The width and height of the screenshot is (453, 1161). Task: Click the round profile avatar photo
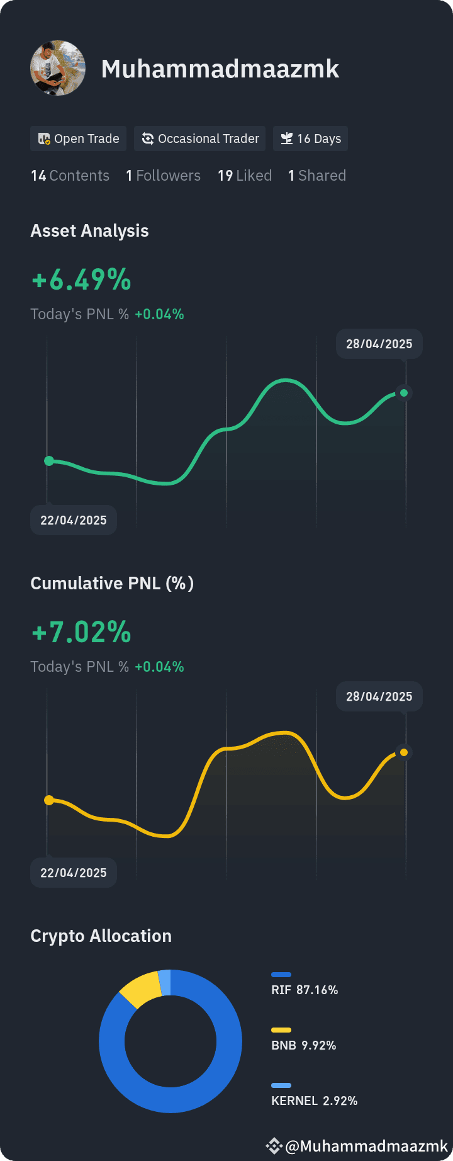(58, 68)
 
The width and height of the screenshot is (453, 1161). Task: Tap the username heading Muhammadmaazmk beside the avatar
(220, 69)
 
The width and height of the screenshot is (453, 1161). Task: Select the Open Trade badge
(79, 139)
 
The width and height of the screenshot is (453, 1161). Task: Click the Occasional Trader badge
(200, 139)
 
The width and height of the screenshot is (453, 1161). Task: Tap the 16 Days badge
(311, 139)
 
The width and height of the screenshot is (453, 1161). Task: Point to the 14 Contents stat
(70, 176)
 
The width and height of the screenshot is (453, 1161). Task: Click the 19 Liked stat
(245, 176)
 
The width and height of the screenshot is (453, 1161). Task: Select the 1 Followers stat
(163, 176)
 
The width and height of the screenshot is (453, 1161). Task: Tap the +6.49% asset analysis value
(81, 280)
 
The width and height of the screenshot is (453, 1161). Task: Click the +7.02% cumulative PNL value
(81, 632)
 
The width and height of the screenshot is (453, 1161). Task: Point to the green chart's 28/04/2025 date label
(379, 344)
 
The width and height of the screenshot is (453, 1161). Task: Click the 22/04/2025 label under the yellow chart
(74, 873)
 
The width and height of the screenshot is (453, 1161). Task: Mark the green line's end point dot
(404, 393)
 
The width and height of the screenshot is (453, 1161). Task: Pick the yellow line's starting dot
(49, 800)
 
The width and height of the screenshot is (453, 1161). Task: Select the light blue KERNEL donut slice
(165, 983)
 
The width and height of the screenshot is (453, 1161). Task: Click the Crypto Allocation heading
(101, 936)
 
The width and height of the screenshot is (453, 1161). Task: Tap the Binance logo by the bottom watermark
(274, 1146)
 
